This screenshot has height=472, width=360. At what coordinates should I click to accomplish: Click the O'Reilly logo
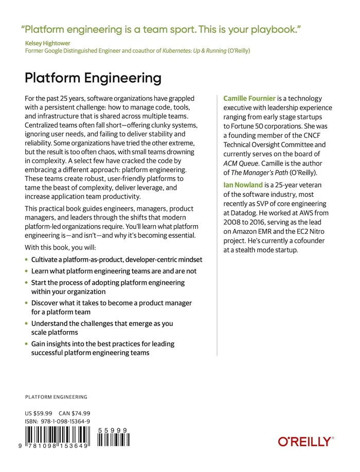[x=305, y=441]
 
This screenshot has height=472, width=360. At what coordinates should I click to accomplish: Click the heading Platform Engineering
[x=93, y=78]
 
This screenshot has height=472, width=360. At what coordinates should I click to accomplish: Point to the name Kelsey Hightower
[x=49, y=44]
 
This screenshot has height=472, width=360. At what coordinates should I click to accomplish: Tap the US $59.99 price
[x=39, y=413]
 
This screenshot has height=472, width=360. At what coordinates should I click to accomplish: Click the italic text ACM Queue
[x=239, y=163]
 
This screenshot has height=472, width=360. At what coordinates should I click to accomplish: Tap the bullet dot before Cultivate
[x=26, y=260]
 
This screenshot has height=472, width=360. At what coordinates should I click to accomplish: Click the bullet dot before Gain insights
[x=26, y=343]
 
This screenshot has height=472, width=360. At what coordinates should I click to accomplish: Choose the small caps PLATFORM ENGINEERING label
[x=56, y=397]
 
